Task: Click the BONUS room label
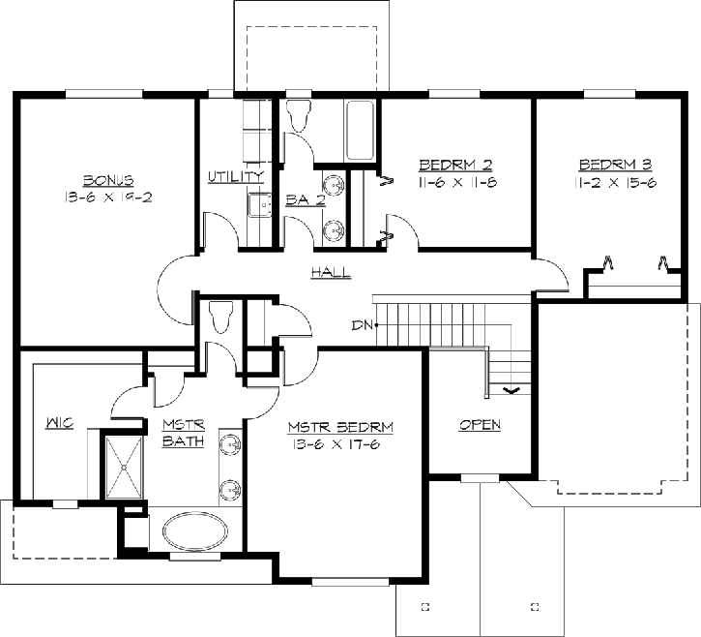pos(107,180)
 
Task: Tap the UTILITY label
pos(235,177)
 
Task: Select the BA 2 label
pos(306,200)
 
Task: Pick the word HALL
pos(331,273)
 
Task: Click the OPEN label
pos(480,425)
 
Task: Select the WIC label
pos(61,423)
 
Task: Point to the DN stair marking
pos(363,325)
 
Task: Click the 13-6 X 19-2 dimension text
pos(107,197)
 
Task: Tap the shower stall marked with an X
pos(123,466)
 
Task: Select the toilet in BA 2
pos(298,115)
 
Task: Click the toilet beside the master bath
pos(221,317)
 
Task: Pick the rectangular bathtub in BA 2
pos(361,130)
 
